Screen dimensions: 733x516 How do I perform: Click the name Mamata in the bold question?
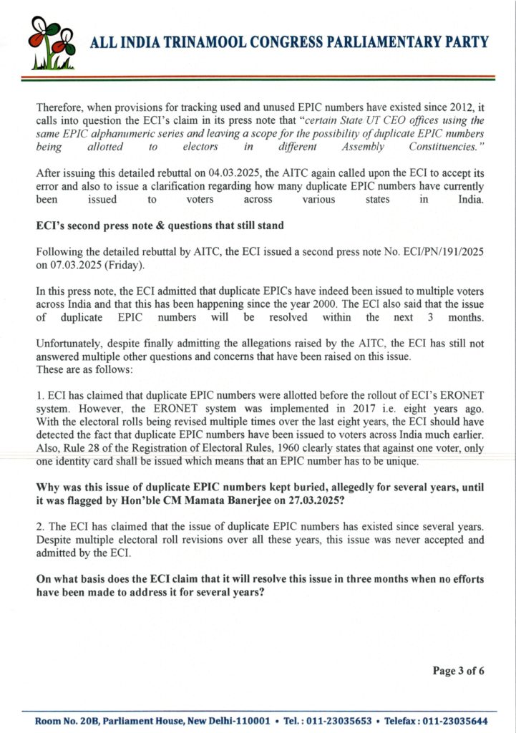(220, 499)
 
